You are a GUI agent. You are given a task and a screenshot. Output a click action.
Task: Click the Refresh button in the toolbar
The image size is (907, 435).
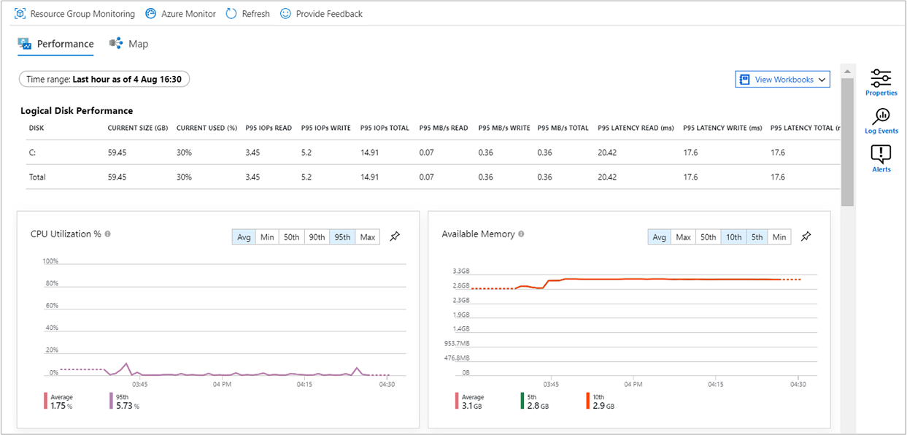pyautogui.click(x=247, y=14)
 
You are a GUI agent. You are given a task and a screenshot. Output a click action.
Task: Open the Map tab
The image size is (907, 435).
pyautogui.click(x=129, y=44)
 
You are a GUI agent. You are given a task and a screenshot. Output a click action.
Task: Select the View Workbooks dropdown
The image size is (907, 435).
pyautogui.click(x=782, y=80)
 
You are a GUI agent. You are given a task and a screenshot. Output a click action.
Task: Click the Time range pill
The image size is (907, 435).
pyautogui.click(x=104, y=79)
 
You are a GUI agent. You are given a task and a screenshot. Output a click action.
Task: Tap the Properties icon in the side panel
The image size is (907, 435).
pyautogui.click(x=881, y=82)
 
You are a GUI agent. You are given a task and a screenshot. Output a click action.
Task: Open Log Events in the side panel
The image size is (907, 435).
pyautogui.click(x=881, y=120)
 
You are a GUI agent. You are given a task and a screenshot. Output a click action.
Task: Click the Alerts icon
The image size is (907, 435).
pyautogui.click(x=881, y=158)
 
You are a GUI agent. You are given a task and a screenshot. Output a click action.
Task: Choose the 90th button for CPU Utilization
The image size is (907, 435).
pyautogui.click(x=317, y=237)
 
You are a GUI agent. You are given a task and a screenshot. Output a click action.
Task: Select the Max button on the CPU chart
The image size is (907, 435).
pyautogui.click(x=367, y=237)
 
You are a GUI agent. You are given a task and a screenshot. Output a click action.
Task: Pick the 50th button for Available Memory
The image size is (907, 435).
pyautogui.click(x=708, y=237)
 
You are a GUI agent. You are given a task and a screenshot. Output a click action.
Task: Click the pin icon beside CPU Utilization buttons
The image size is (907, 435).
pyautogui.click(x=395, y=236)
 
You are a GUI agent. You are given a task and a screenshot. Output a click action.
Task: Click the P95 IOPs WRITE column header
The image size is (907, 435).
pyautogui.click(x=325, y=128)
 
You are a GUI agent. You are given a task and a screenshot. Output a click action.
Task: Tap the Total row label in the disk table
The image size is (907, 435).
pyautogui.click(x=37, y=177)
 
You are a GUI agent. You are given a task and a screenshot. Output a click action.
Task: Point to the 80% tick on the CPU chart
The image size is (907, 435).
pyautogui.click(x=52, y=283)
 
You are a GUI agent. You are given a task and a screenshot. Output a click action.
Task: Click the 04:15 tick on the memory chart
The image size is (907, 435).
pyautogui.click(x=716, y=384)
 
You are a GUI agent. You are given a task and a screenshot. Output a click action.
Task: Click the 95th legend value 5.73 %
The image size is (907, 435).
pyautogui.click(x=126, y=405)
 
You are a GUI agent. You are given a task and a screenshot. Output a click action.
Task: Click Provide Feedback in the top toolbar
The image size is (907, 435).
pyautogui.click(x=321, y=14)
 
